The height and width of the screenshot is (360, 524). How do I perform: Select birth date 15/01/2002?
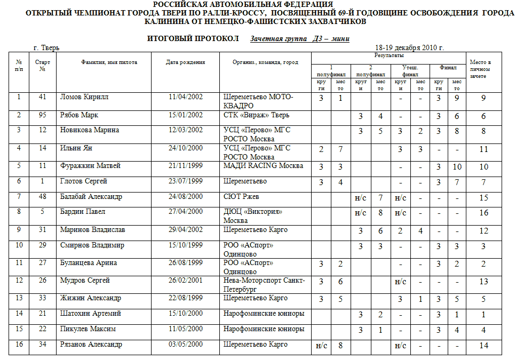[185, 115]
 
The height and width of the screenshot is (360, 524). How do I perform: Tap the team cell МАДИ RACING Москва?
[263, 166]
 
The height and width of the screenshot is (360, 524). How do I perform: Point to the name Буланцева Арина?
[88, 263]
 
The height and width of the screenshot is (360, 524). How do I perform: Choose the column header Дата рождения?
[185, 62]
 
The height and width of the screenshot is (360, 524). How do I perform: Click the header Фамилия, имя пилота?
[109, 62]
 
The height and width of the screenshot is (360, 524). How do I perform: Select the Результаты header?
[388, 55]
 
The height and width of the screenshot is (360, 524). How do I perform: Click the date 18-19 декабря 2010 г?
[409, 47]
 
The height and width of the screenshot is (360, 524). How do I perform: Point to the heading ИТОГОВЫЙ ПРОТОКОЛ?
[193, 39]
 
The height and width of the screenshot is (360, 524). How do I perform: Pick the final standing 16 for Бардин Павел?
[483, 212]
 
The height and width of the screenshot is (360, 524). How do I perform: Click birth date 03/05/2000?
[185, 344]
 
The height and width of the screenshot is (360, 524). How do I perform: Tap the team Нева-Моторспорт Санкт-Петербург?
[263, 284]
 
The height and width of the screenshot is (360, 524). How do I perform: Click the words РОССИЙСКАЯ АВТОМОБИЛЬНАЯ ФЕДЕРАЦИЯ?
[262, 4]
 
